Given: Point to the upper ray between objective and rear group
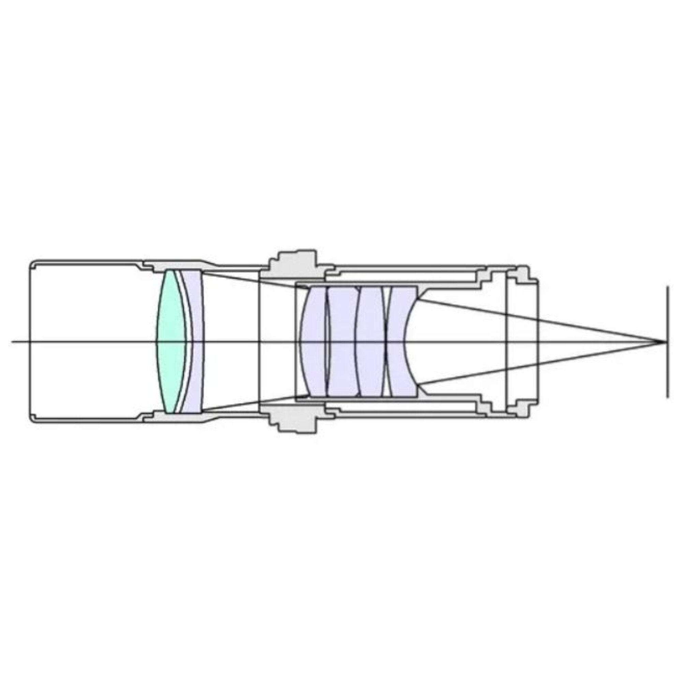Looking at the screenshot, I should pos(254,280).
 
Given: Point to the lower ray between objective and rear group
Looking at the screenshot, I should pos(254,403).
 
